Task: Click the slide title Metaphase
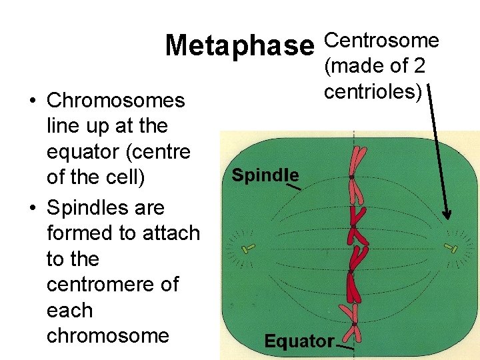239,45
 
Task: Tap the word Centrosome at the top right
381,41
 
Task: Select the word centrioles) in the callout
373,91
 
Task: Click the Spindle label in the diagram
265,175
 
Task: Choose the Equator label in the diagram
299,341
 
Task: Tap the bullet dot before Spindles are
33,208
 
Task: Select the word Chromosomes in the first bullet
115,101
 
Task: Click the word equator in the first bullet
87,153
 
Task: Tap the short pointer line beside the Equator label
345,347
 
